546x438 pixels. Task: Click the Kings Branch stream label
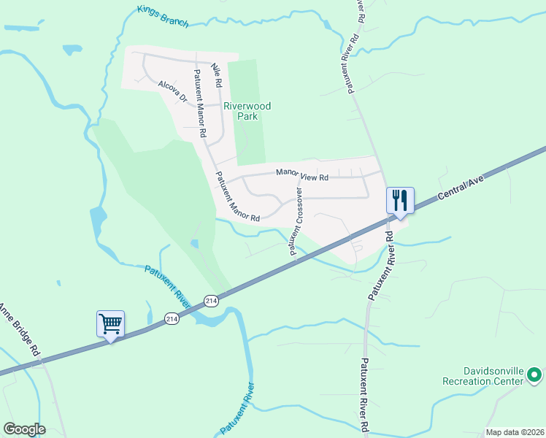(163, 16)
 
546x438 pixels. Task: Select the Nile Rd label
(215, 76)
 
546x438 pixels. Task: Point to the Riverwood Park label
(247, 111)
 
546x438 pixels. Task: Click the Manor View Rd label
(302, 174)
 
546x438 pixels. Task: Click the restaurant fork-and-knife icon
(400, 199)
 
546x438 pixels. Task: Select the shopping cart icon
(110, 323)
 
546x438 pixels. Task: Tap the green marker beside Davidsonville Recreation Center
(535, 376)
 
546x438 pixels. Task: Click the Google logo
(24, 429)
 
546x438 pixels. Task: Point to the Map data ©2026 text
(514, 432)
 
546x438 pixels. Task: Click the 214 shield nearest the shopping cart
(172, 319)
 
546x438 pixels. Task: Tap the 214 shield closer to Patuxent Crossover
(211, 300)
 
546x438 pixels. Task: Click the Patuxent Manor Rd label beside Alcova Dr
(199, 102)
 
